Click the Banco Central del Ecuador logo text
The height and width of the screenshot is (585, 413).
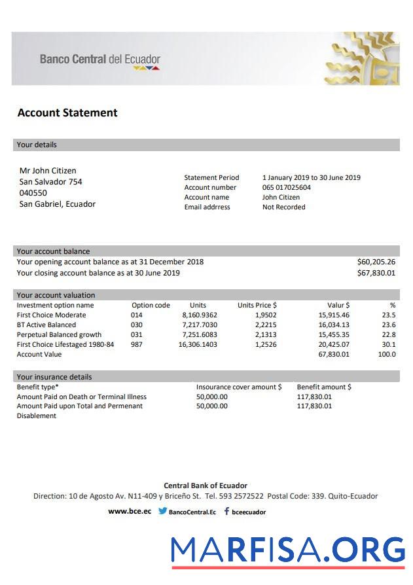click(x=99, y=60)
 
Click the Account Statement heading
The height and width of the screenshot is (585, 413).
click(x=67, y=113)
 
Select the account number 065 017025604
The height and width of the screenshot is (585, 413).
click(x=287, y=187)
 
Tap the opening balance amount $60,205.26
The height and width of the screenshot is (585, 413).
click(x=376, y=262)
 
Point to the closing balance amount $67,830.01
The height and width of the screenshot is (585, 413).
click(x=376, y=273)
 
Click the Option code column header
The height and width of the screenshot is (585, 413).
click(x=151, y=305)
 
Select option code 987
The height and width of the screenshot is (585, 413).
click(x=136, y=344)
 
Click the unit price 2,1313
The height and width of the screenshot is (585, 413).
click(x=265, y=334)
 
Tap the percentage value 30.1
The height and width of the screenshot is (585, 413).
click(x=389, y=344)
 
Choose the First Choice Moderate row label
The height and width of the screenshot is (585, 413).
click(x=51, y=315)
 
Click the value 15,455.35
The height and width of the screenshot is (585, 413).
click(x=334, y=334)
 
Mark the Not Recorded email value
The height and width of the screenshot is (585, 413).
click(x=283, y=207)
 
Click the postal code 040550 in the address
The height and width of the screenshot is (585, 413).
click(x=33, y=193)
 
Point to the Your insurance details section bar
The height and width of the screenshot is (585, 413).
click(x=206, y=376)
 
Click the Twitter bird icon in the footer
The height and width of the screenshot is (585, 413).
click(x=162, y=512)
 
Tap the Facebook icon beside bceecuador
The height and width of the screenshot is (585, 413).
click(x=226, y=512)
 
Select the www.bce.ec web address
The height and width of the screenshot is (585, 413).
click(x=130, y=512)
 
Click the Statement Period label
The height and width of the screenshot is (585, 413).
click(x=211, y=177)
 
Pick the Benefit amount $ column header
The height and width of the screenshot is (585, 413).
click(x=324, y=387)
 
